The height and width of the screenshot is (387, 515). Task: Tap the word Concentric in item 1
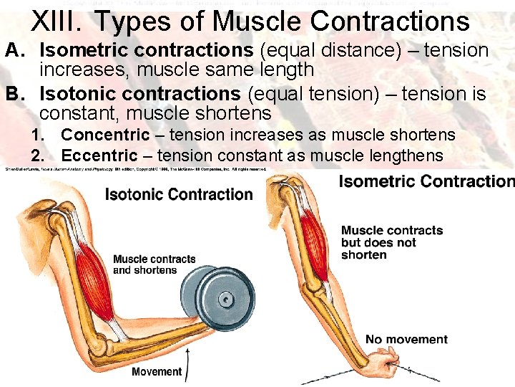tap(105, 135)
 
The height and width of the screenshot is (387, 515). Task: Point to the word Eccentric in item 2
tap(99, 155)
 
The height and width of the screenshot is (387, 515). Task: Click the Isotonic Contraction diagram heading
tap(179, 194)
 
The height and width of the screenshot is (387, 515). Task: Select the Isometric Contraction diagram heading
tap(426, 181)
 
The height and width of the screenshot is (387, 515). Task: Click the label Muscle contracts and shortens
tap(154, 264)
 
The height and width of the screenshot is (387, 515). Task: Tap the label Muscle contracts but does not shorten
tap(391, 242)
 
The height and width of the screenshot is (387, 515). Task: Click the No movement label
tap(406, 339)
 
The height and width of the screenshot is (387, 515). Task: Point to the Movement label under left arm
tap(157, 371)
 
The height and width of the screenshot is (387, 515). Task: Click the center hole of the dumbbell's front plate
tap(225, 298)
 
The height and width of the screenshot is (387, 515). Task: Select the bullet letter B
tap(11, 94)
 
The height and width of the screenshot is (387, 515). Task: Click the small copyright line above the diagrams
tap(136, 169)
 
